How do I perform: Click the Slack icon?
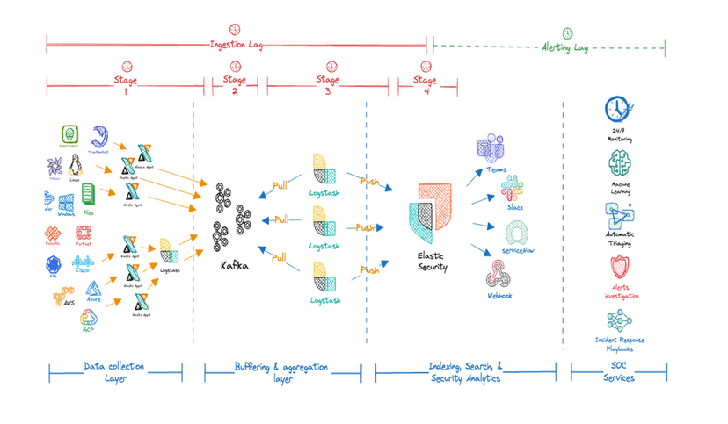tap(513, 187)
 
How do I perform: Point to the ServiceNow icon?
tap(516, 234)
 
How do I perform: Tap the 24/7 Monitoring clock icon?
tap(619, 111)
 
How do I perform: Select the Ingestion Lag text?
tap(236, 45)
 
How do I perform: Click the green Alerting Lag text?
tap(564, 46)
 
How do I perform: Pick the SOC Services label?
tap(619, 371)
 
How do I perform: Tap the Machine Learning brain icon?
tap(619, 163)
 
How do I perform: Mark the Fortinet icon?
tap(84, 234)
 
